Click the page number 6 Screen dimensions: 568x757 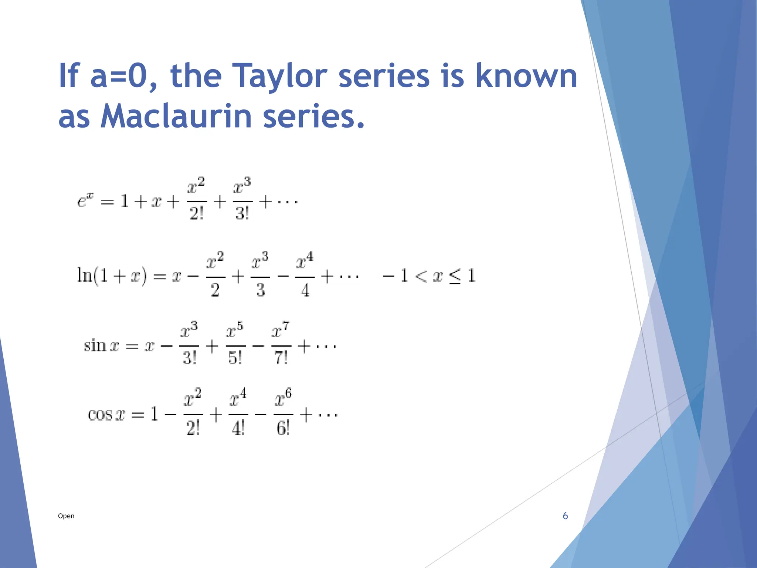click(565, 516)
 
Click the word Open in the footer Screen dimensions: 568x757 click(66, 516)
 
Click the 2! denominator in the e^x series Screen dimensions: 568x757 click(197, 214)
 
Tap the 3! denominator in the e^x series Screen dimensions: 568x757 click(242, 214)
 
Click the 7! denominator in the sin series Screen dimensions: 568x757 click(281, 358)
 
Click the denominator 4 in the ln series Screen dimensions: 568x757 click(305, 290)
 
